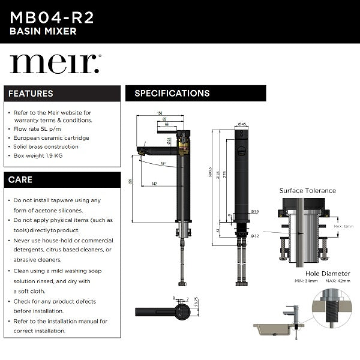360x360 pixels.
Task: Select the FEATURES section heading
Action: [x=31, y=94]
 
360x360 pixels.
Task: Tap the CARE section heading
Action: [x=21, y=179]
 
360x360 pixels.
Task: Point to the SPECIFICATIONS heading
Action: [x=172, y=94]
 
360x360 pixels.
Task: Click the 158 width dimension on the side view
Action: [x=160, y=113]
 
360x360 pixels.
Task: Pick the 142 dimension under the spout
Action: [x=155, y=184]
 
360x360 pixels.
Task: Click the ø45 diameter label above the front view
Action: [x=242, y=124]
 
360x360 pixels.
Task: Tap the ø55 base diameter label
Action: [x=254, y=211]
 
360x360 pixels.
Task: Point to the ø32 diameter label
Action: [x=254, y=236]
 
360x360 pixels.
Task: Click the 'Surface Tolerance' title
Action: [x=308, y=191]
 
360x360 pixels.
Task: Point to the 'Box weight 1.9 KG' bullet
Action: [x=38, y=155]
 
